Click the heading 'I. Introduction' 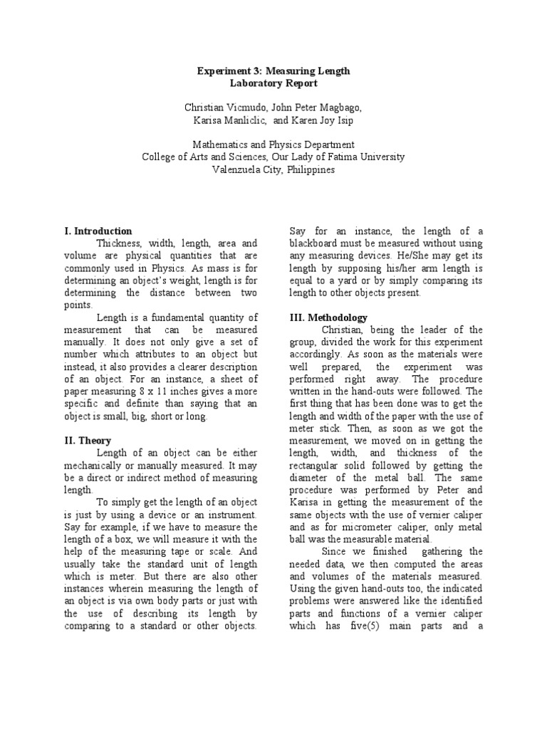[x=98, y=231]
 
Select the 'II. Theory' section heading [x=87, y=441]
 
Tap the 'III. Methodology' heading [x=328, y=317]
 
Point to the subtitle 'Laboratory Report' [x=273, y=84]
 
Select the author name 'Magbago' [x=338, y=107]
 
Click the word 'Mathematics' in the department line [x=218, y=145]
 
